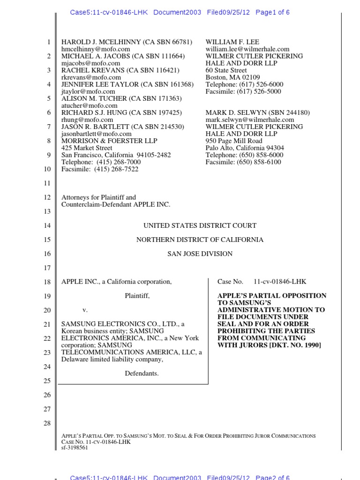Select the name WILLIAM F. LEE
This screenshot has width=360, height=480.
pyautogui.click(x=232, y=42)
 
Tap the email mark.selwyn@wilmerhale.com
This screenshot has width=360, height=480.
pyautogui.click(x=250, y=120)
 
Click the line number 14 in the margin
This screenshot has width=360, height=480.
pyautogui.click(x=47, y=225)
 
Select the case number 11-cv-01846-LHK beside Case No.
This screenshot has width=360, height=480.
pyautogui.click(x=280, y=282)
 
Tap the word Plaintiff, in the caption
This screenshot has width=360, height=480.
pyautogui.click(x=137, y=296)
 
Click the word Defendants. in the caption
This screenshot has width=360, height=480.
pyautogui.click(x=142, y=374)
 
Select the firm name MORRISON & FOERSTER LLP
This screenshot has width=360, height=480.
pyautogui.click(x=109, y=141)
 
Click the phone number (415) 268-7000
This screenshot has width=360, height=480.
pyautogui.click(x=117, y=162)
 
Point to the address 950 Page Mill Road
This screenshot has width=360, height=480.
pyautogui.click(x=234, y=141)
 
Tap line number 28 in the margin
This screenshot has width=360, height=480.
pyautogui.click(x=47, y=423)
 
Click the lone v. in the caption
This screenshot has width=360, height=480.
pyautogui.click(x=85, y=310)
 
